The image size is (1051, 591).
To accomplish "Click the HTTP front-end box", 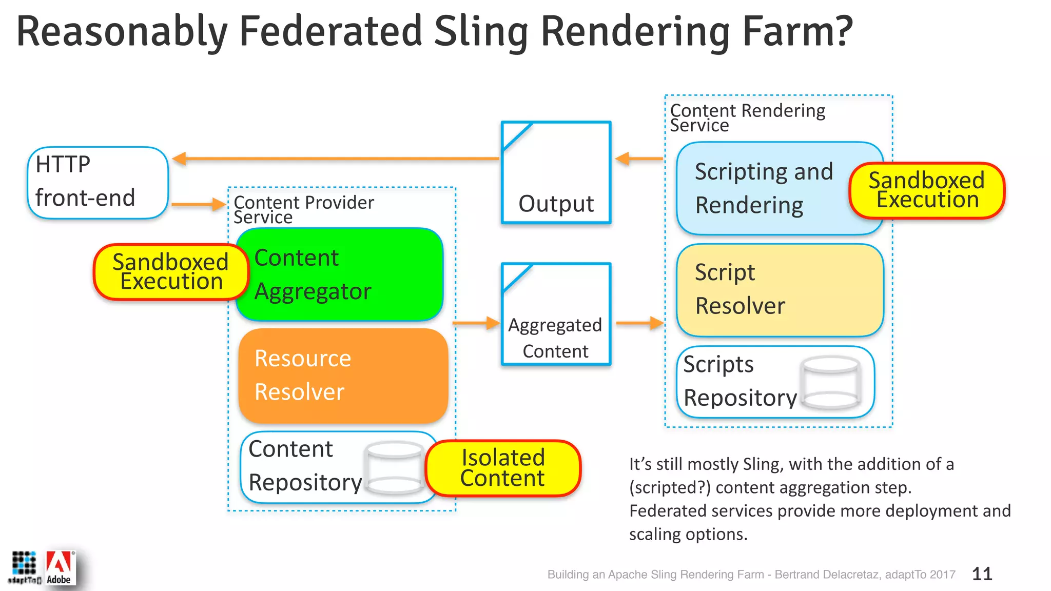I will click(x=98, y=183).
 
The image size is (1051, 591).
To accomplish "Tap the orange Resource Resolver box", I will click(x=343, y=376).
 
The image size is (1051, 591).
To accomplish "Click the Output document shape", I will click(x=556, y=172).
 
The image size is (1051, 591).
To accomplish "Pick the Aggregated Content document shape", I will click(x=556, y=314).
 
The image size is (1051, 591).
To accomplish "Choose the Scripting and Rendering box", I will click(x=765, y=188).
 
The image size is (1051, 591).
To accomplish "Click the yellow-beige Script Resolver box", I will click(x=780, y=290).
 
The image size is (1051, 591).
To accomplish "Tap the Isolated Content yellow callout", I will click(x=502, y=468).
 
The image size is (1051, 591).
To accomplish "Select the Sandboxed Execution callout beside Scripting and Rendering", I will click(x=927, y=190).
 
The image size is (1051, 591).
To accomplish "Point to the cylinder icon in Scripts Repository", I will click(x=830, y=383).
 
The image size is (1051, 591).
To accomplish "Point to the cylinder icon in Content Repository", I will click(x=394, y=468).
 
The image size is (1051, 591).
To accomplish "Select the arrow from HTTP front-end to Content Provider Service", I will click(x=198, y=204).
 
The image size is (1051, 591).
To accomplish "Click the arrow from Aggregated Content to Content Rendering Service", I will click(x=639, y=323).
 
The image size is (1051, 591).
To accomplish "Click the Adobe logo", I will click(x=60, y=567).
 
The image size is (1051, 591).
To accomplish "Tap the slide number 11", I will click(x=982, y=574).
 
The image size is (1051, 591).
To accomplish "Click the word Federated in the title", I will click(x=330, y=32).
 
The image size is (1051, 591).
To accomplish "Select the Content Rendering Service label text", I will click(x=747, y=117).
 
